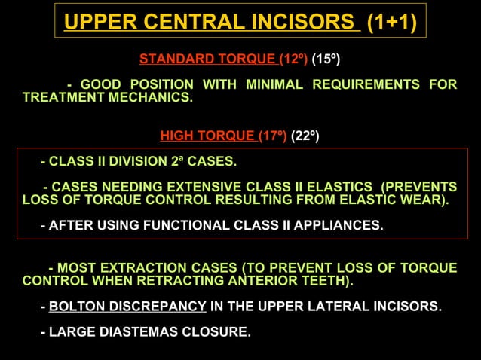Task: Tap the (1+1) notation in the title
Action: [391, 22]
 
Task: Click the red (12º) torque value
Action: [294, 59]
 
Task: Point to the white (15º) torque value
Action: [326, 59]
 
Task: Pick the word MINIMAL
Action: [271, 84]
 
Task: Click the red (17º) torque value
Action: [273, 136]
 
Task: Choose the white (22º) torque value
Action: [305, 136]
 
